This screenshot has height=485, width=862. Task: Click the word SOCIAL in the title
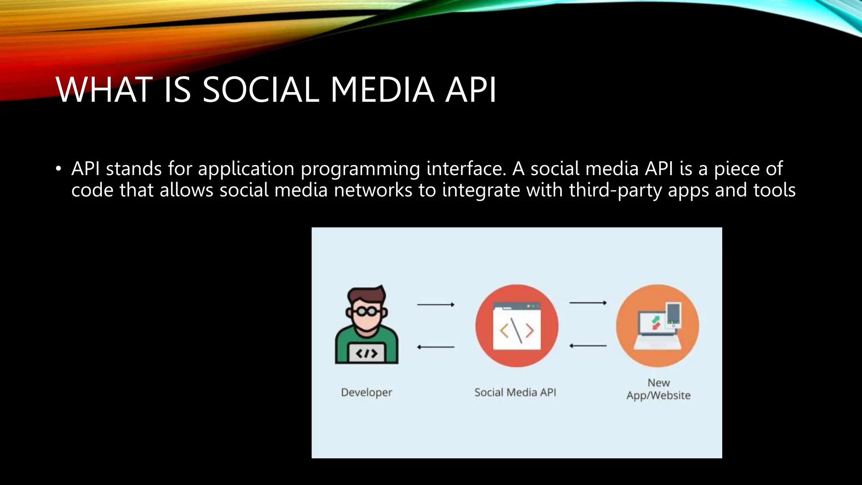pyautogui.click(x=261, y=90)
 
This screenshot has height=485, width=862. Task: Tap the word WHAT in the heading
pyautogui.click(x=104, y=90)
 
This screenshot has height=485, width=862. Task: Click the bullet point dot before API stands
pyautogui.click(x=59, y=169)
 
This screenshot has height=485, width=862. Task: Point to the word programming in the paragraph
pyautogui.click(x=360, y=169)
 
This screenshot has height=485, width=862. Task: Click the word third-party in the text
pyautogui.click(x=615, y=190)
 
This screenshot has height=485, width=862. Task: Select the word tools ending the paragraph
pyautogui.click(x=774, y=190)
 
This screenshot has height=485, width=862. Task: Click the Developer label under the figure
pyautogui.click(x=366, y=392)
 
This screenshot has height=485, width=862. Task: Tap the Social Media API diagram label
pyautogui.click(x=515, y=392)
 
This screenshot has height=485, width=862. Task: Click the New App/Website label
pyautogui.click(x=658, y=389)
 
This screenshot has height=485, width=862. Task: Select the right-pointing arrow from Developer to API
pyautogui.click(x=436, y=304)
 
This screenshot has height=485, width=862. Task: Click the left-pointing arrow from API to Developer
pyautogui.click(x=436, y=347)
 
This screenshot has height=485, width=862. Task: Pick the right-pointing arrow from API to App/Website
pyautogui.click(x=588, y=303)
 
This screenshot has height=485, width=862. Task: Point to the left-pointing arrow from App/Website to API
pyautogui.click(x=588, y=346)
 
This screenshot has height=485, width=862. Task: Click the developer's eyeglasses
pyautogui.click(x=367, y=312)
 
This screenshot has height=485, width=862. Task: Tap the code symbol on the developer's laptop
pyautogui.click(x=366, y=353)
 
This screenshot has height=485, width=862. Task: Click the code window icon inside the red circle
pyautogui.click(x=517, y=327)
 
